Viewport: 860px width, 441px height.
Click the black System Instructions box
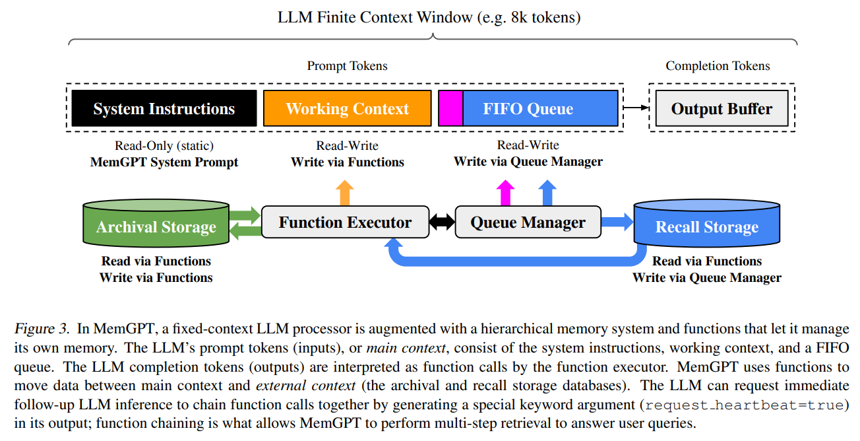(164, 108)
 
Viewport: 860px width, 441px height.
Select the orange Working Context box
(347, 108)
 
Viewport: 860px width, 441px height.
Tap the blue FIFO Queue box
(540, 108)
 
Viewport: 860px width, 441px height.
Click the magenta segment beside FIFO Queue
(450, 108)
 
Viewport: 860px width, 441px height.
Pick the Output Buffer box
(722, 109)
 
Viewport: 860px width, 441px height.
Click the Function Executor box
(345, 222)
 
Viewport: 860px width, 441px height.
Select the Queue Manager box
(528, 222)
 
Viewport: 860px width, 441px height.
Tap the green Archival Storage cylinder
(156, 226)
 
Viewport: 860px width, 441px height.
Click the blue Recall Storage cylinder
(706, 226)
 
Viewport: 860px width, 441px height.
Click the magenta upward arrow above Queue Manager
(506, 192)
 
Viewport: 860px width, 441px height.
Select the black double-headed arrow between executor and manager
(441, 222)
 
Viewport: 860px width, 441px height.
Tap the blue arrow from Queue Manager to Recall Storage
(617, 222)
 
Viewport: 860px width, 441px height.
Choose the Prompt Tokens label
(347, 66)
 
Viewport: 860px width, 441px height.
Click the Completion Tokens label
(718, 66)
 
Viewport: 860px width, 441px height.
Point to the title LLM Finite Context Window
(429, 17)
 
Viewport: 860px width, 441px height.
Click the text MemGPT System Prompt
(164, 162)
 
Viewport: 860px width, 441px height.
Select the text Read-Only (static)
(164, 146)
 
